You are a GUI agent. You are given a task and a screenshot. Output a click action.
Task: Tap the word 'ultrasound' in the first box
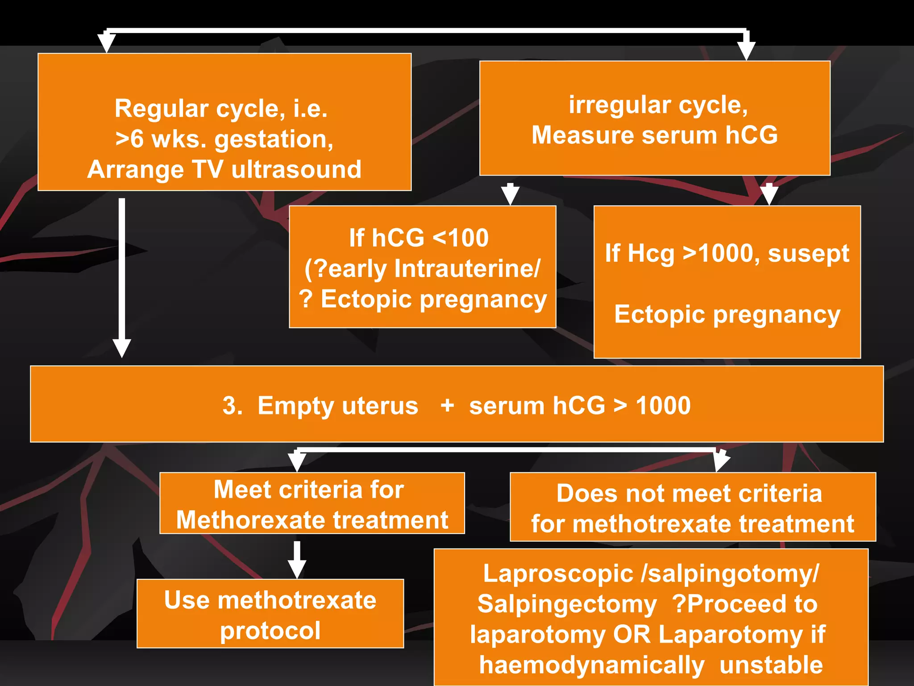tap(296, 170)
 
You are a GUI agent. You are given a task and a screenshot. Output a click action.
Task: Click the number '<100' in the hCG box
tap(461, 238)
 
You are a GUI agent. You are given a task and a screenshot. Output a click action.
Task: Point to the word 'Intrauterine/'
tap(467, 268)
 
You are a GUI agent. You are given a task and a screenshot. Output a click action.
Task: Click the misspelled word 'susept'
tap(808, 253)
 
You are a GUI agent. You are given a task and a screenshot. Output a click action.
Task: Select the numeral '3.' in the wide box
tap(232, 406)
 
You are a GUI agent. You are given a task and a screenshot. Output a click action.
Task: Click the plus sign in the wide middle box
tap(447, 406)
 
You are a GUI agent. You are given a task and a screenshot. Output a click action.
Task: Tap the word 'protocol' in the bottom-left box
tap(270, 631)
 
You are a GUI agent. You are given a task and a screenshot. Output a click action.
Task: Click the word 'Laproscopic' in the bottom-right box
tap(558, 573)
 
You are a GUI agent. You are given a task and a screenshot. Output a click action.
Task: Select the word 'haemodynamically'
tap(592, 665)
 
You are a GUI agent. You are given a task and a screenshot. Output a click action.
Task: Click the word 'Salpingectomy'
tap(567, 604)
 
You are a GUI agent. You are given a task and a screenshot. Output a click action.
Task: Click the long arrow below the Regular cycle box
tap(122, 277)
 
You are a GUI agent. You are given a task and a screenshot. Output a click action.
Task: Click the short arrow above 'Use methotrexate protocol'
tap(297, 560)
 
